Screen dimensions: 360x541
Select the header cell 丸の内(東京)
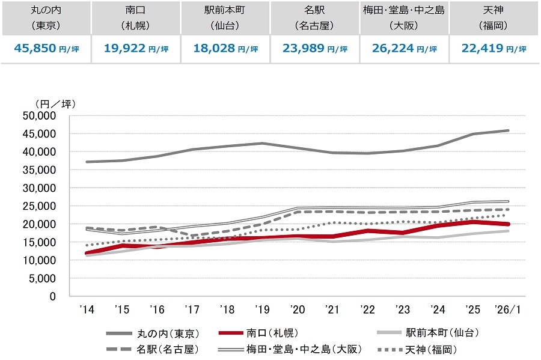click(x=46, y=18)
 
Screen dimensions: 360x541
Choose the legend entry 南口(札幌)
click(x=270, y=332)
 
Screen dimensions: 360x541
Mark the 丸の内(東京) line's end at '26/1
click(x=508, y=130)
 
